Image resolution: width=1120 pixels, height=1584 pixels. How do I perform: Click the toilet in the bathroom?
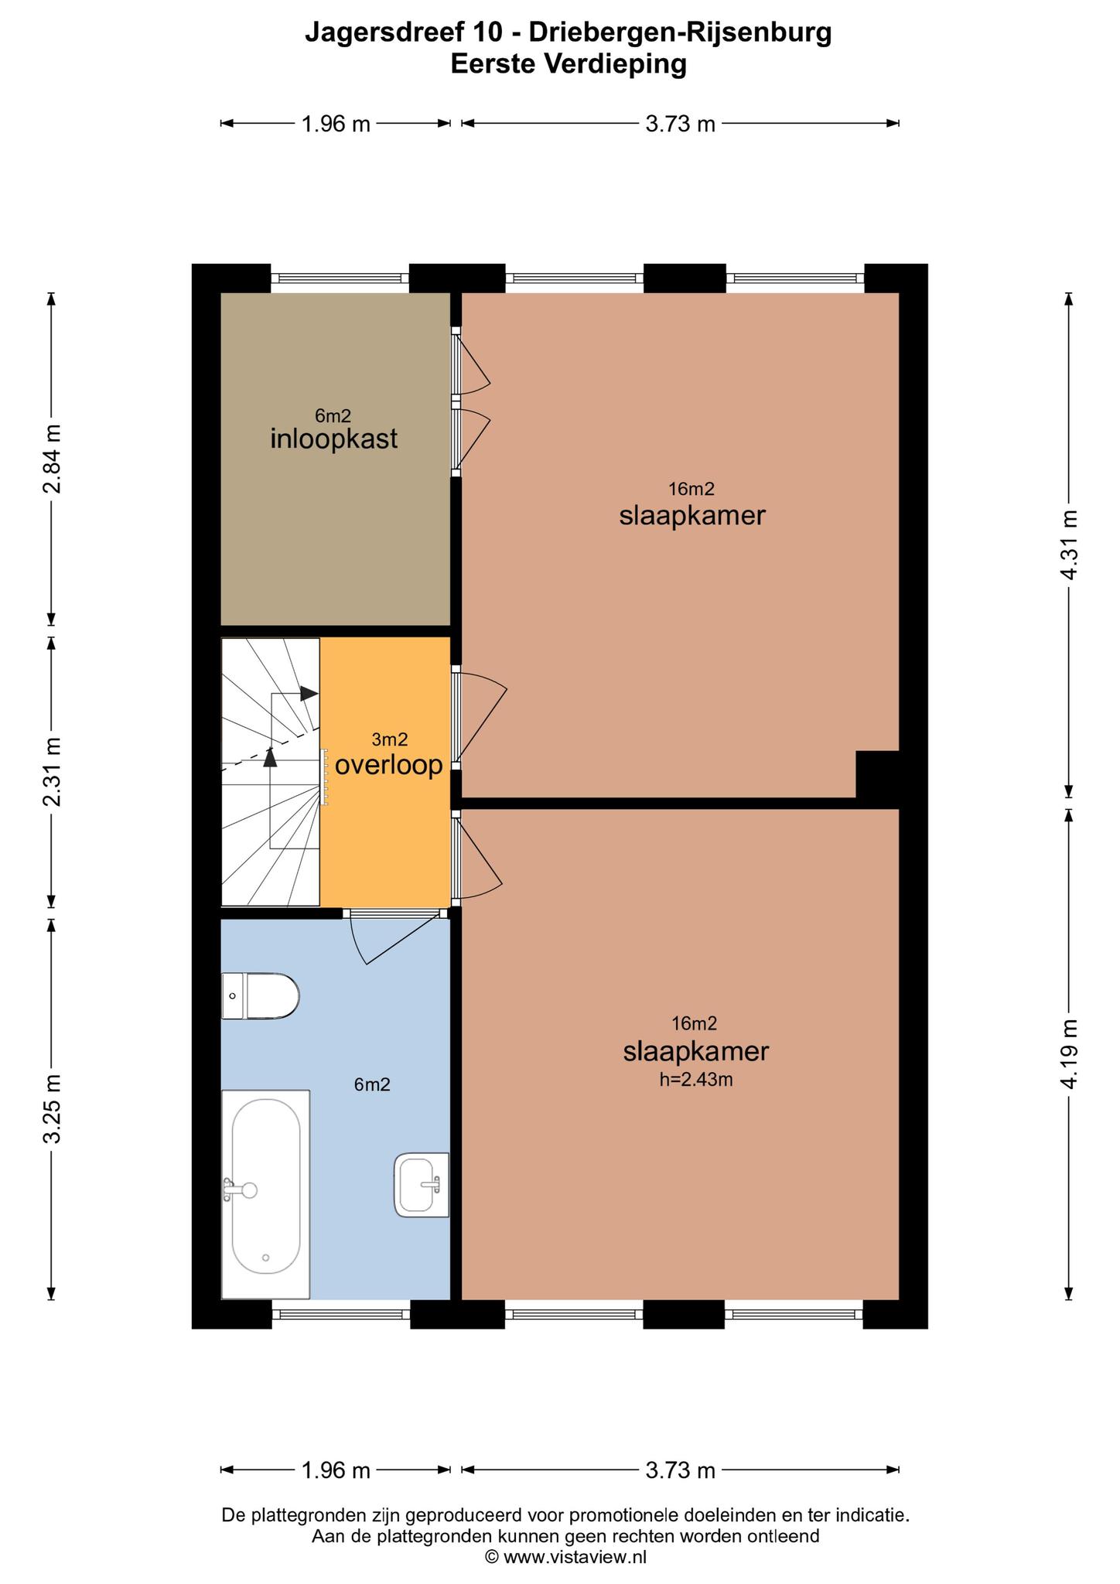click(260, 996)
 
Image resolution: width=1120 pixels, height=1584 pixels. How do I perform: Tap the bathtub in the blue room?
click(265, 1193)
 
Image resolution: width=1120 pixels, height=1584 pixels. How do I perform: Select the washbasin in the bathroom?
click(422, 1184)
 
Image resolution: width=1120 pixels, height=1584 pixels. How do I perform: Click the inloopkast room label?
click(334, 439)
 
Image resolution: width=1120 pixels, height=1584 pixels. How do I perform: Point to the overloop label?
click(388, 765)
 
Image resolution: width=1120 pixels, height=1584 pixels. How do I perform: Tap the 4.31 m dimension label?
click(1069, 544)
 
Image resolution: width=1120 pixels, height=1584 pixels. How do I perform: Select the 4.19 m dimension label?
click(1069, 1053)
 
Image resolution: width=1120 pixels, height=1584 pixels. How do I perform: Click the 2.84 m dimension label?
click(52, 459)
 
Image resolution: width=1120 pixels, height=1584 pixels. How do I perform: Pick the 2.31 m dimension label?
click(52, 771)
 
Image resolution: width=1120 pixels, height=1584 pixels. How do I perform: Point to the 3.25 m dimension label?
click(52, 1108)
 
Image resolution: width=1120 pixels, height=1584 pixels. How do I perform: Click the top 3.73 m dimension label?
click(680, 124)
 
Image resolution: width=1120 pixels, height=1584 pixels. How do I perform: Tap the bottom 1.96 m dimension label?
click(336, 1470)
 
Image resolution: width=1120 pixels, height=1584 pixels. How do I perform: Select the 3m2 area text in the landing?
click(390, 739)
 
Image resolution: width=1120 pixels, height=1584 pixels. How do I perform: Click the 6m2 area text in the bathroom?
click(372, 1084)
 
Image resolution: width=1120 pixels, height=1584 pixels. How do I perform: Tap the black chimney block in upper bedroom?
click(877, 774)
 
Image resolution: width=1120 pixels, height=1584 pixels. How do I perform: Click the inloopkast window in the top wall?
click(340, 278)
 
